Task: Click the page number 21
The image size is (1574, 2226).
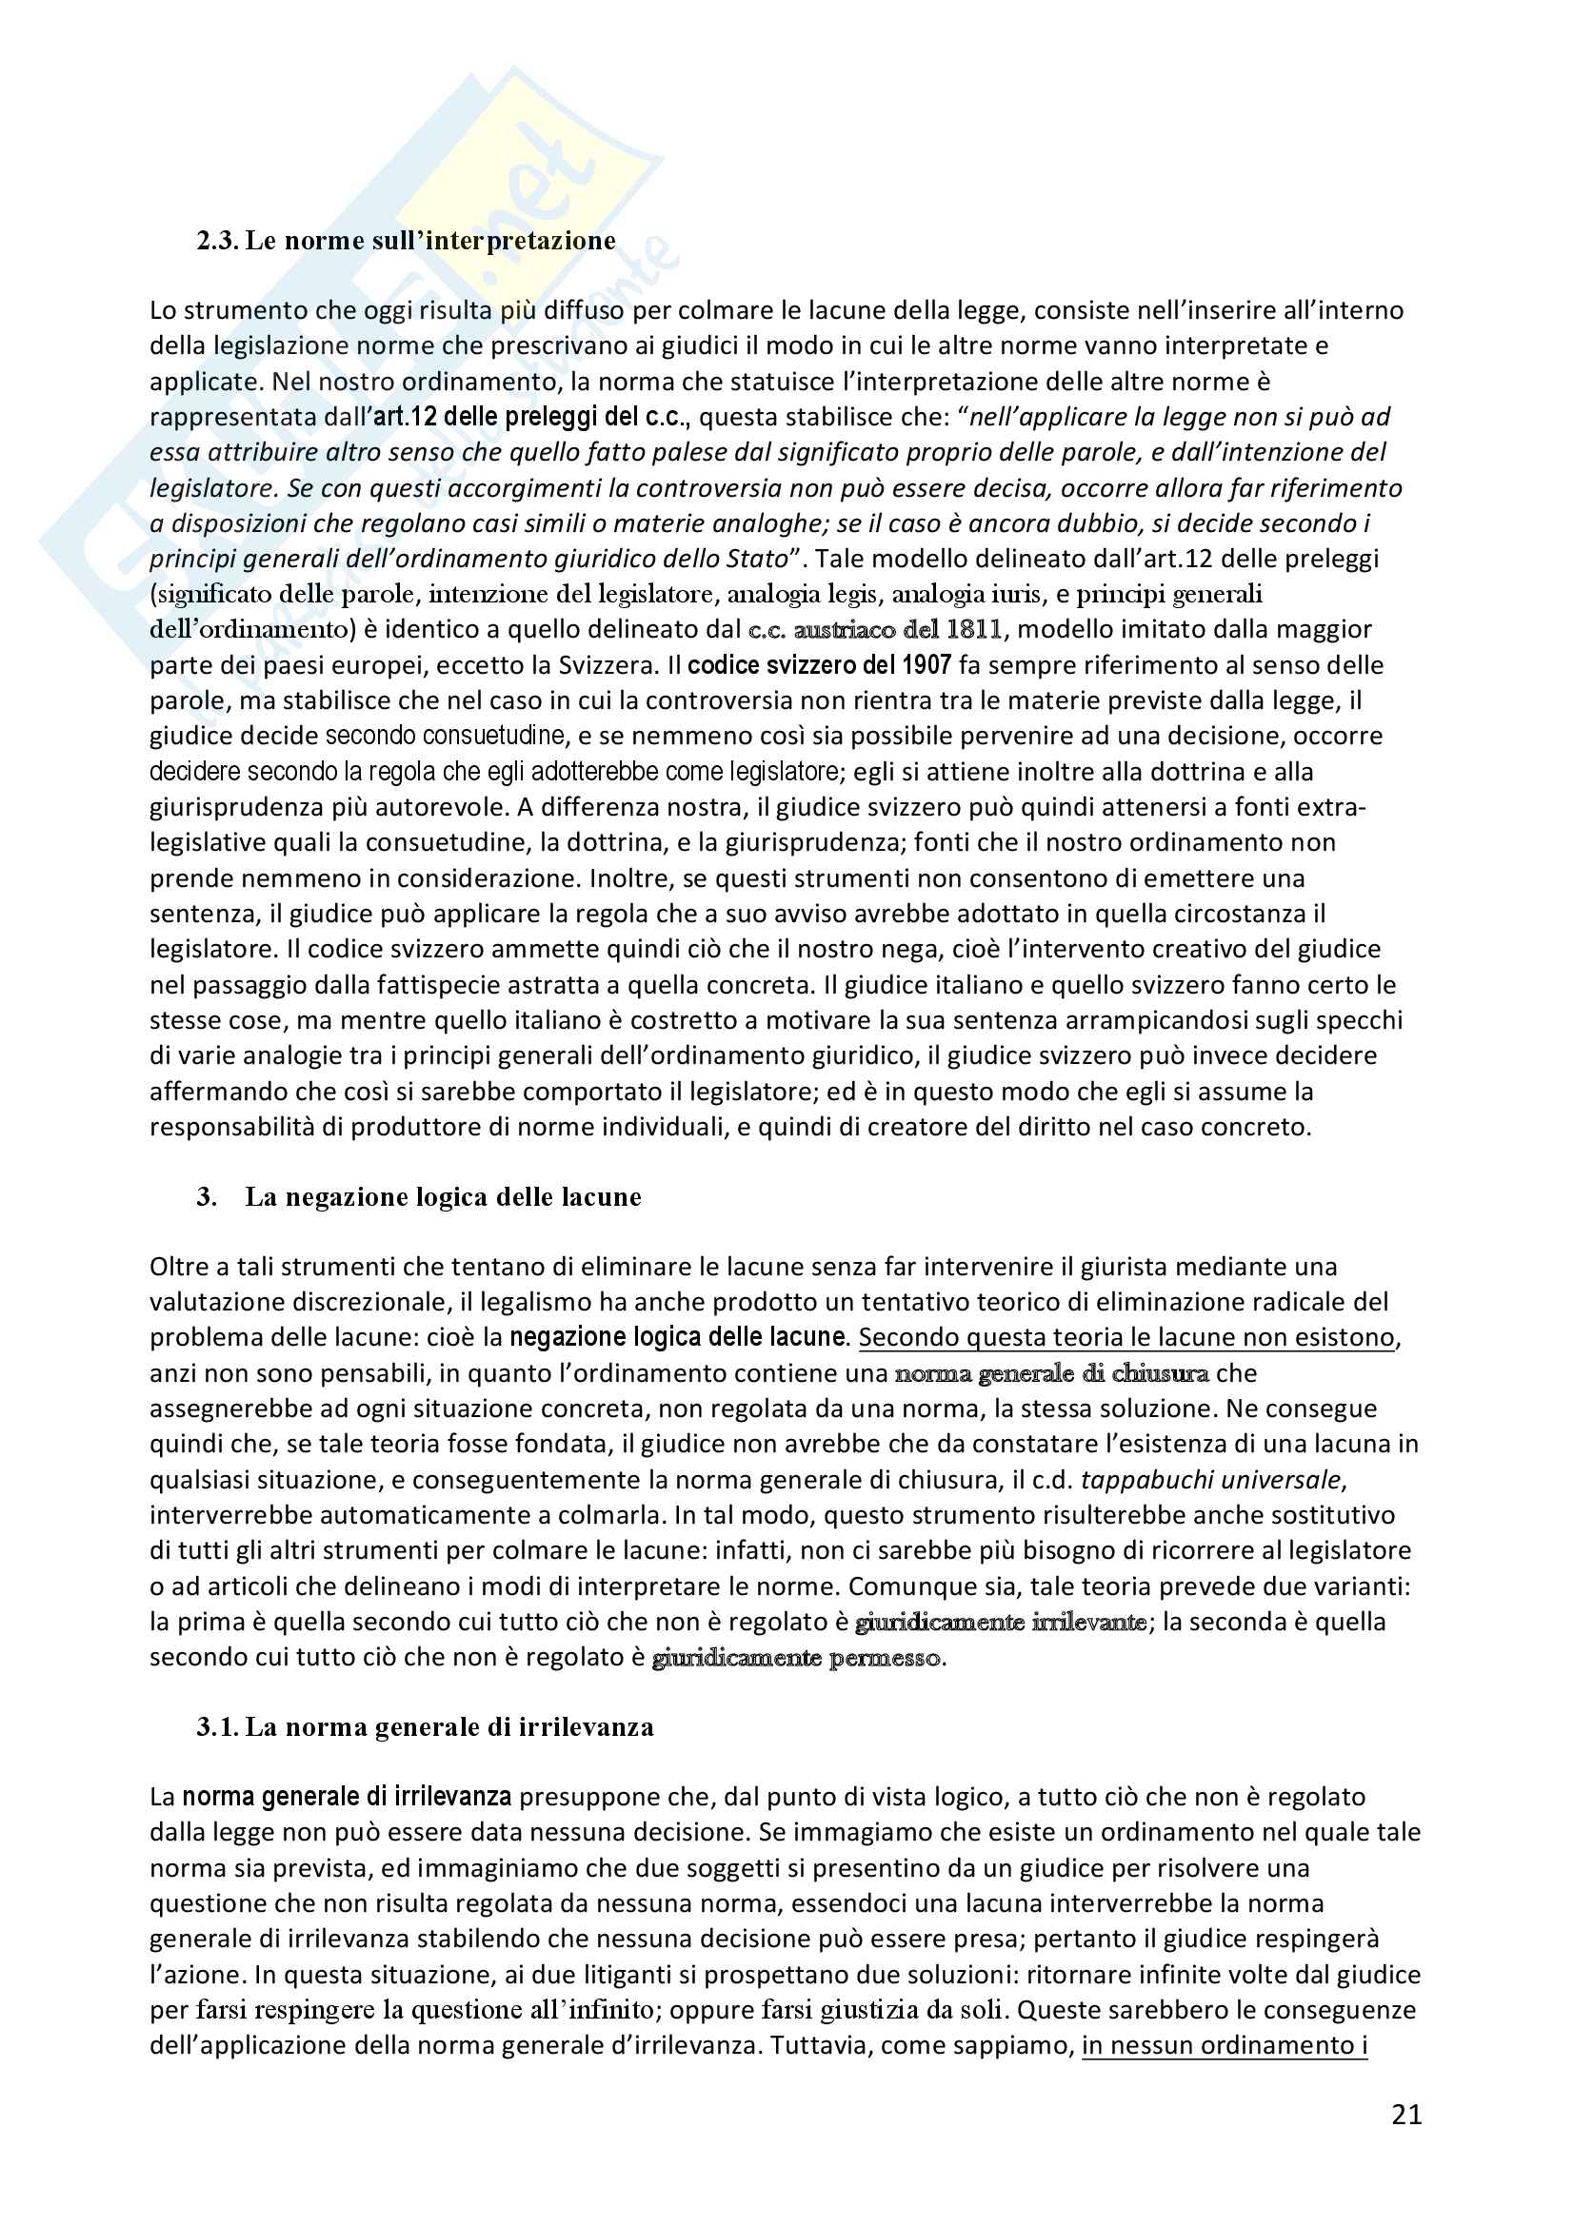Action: (1406, 2115)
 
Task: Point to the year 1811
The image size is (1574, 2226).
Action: (975, 629)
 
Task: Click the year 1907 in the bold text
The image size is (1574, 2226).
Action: (926, 665)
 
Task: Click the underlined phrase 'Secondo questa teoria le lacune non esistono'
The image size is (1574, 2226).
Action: (1126, 1338)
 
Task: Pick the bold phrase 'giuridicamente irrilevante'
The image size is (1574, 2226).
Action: (1001, 1622)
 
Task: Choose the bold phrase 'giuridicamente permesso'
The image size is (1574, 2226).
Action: (796, 1658)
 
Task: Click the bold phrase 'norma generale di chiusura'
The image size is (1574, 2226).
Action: (1051, 1374)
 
